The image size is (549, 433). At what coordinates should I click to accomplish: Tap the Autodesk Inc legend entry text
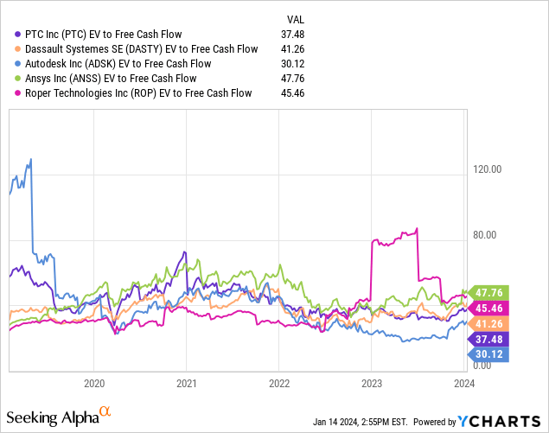112,64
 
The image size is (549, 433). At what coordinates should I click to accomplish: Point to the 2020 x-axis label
94,381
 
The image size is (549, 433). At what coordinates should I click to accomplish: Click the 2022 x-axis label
278,381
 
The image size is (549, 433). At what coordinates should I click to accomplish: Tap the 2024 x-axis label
463,381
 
